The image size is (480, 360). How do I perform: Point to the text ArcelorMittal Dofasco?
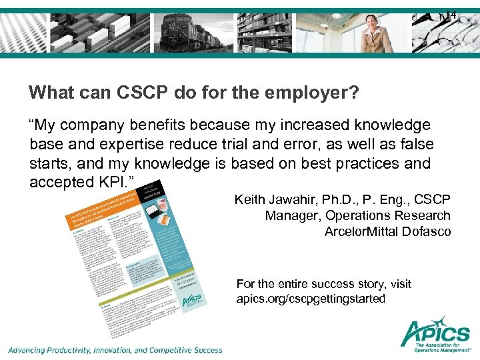point(387,232)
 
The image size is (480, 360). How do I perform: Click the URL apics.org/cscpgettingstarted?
point(311,299)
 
